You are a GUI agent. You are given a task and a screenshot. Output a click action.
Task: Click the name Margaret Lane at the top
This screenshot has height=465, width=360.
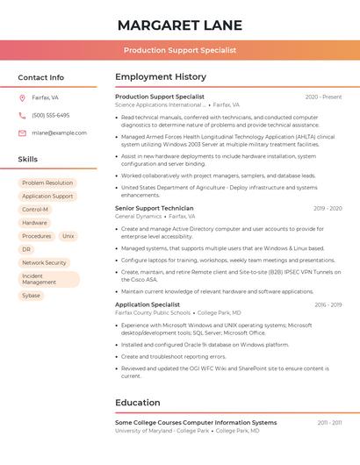point(180,25)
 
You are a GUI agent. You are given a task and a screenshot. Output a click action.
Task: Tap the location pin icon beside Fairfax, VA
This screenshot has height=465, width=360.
point(22,97)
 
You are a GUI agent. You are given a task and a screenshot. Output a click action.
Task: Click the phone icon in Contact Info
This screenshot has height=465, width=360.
point(22,115)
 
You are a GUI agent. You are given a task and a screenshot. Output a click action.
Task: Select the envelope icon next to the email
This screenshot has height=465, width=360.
point(22,133)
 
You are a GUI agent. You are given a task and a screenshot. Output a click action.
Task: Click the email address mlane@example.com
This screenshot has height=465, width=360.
point(59,133)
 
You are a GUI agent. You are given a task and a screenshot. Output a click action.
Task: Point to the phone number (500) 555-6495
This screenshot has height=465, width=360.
point(50,115)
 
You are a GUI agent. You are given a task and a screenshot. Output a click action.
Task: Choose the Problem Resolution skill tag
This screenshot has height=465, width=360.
point(47,183)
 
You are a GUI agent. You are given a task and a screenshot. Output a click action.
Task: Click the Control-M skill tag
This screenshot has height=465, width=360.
point(35,210)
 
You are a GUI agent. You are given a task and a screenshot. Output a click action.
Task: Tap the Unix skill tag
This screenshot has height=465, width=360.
point(68,236)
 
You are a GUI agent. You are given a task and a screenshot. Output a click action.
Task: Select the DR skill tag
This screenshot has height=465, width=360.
point(26,249)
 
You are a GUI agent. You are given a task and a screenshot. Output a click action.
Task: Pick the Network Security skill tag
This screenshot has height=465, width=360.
point(44,262)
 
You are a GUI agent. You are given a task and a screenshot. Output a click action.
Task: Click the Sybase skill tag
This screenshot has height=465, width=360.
point(31,296)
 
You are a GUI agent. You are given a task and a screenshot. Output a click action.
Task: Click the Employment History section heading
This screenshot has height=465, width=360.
point(161,77)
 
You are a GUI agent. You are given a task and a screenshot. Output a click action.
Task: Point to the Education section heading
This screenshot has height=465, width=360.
point(137,403)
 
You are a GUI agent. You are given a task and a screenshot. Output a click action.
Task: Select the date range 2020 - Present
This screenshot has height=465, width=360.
point(323,97)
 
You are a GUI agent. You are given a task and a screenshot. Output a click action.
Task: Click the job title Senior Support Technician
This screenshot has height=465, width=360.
point(155,208)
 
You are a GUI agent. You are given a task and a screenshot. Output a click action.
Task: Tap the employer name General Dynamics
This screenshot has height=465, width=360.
point(138,216)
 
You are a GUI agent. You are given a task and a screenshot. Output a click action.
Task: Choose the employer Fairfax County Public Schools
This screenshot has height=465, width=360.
point(153,312)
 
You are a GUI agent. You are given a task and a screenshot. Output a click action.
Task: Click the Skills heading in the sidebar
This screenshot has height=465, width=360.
point(28,160)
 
